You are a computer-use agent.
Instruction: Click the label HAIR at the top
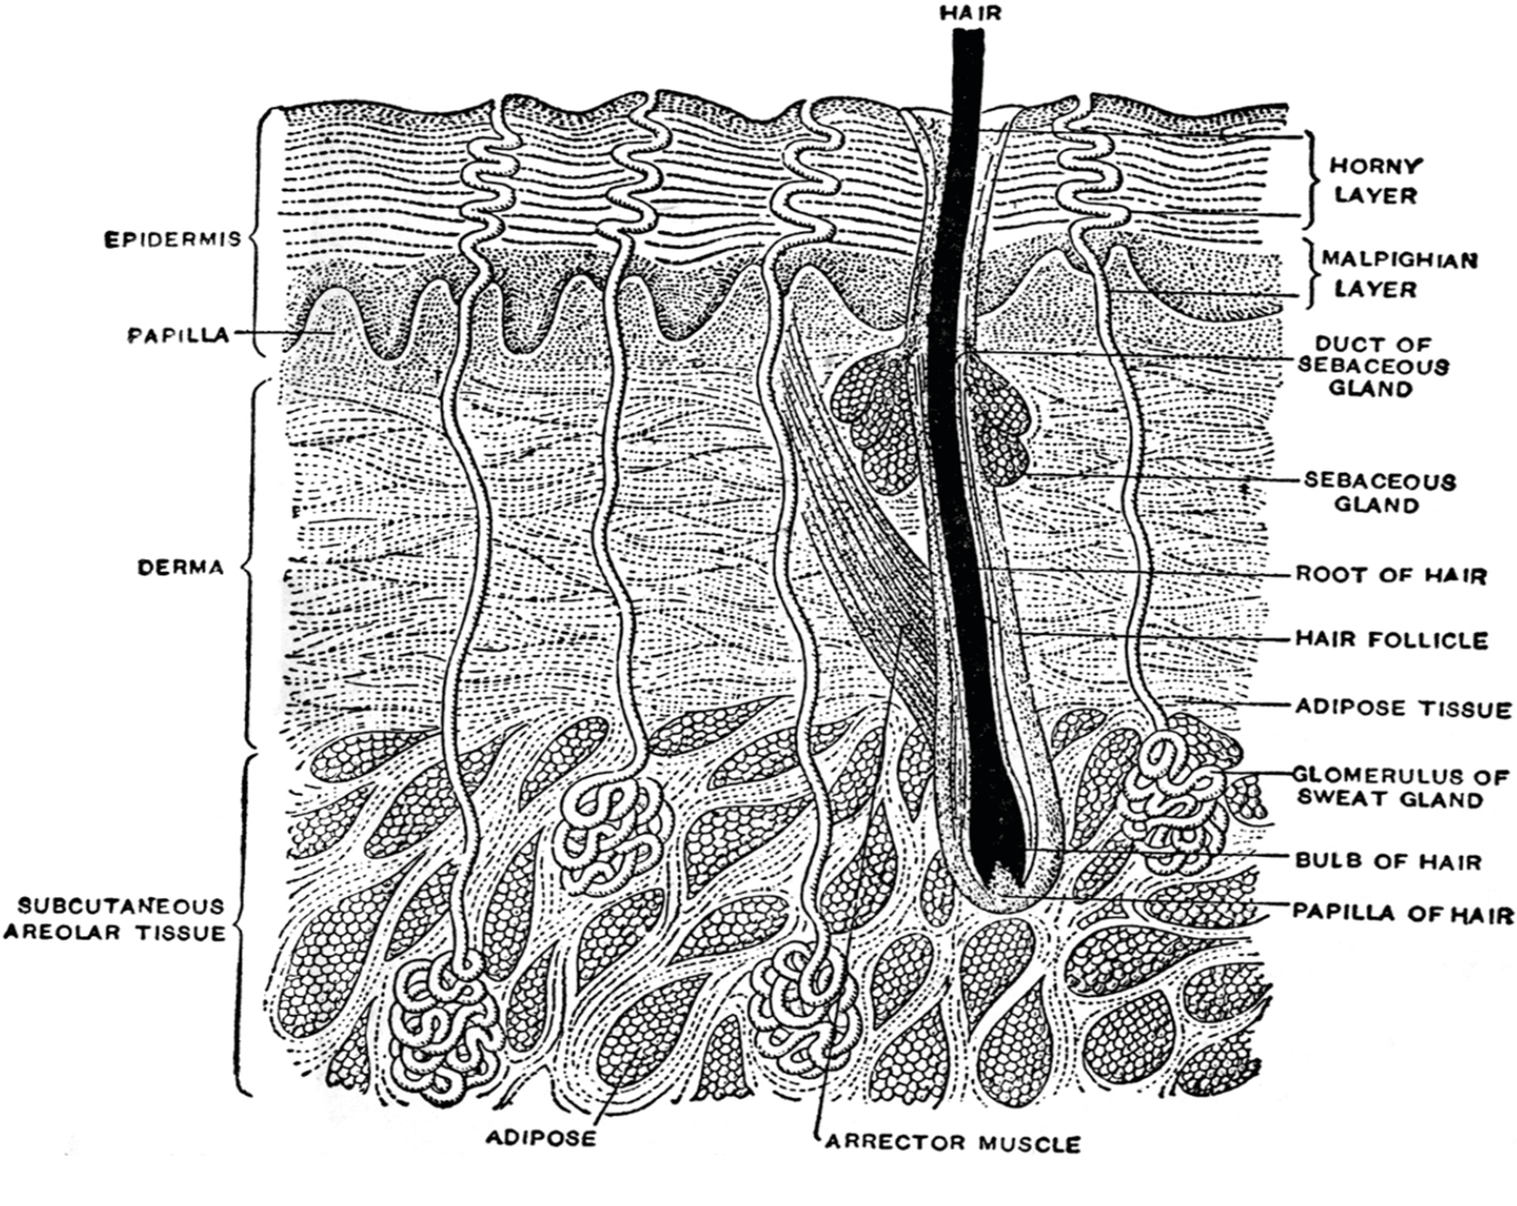pos(971,13)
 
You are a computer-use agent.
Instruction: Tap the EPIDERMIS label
pos(172,240)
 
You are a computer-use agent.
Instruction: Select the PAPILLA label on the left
pos(179,335)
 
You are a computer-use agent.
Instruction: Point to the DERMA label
pos(181,567)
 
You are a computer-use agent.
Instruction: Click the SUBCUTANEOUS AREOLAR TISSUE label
pos(115,919)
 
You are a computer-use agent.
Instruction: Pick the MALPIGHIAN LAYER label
pos(1399,274)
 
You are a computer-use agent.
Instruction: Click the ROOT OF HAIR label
pos(1392,575)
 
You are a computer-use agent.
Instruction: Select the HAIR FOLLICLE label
pos(1392,640)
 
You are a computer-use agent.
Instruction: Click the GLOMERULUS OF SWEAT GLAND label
pos(1400,787)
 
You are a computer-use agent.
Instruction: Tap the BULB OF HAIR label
pos(1389,860)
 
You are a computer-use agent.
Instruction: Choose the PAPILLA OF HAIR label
pos(1403,914)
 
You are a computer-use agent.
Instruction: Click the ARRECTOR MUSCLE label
pos(952,1144)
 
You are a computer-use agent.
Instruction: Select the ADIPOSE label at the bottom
pos(541,1138)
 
